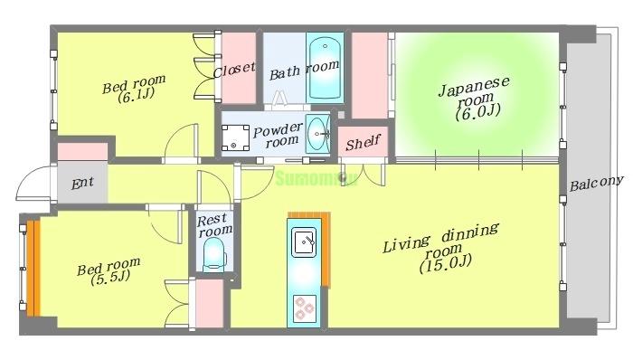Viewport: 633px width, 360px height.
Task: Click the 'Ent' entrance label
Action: pyautogui.click(x=82, y=183)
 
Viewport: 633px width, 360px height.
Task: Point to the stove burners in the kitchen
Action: pyautogui.click(x=304, y=310)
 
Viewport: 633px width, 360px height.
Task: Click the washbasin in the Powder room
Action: pyautogui.click(x=317, y=136)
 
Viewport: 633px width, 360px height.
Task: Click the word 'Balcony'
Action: pyautogui.click(x=597, y=183)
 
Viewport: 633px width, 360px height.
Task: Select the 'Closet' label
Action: pyautogui.click(x=234, y=70)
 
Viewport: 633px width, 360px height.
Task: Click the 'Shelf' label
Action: pyautogui.click(x=363, y=142)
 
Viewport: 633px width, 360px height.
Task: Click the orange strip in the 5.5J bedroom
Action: pyautogui.click(x=33, y=269)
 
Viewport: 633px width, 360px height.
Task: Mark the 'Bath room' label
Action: pyautogui.click(x=304, y=66)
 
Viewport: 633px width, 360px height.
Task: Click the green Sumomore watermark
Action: pyautogui.click(x=317, y=177)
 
